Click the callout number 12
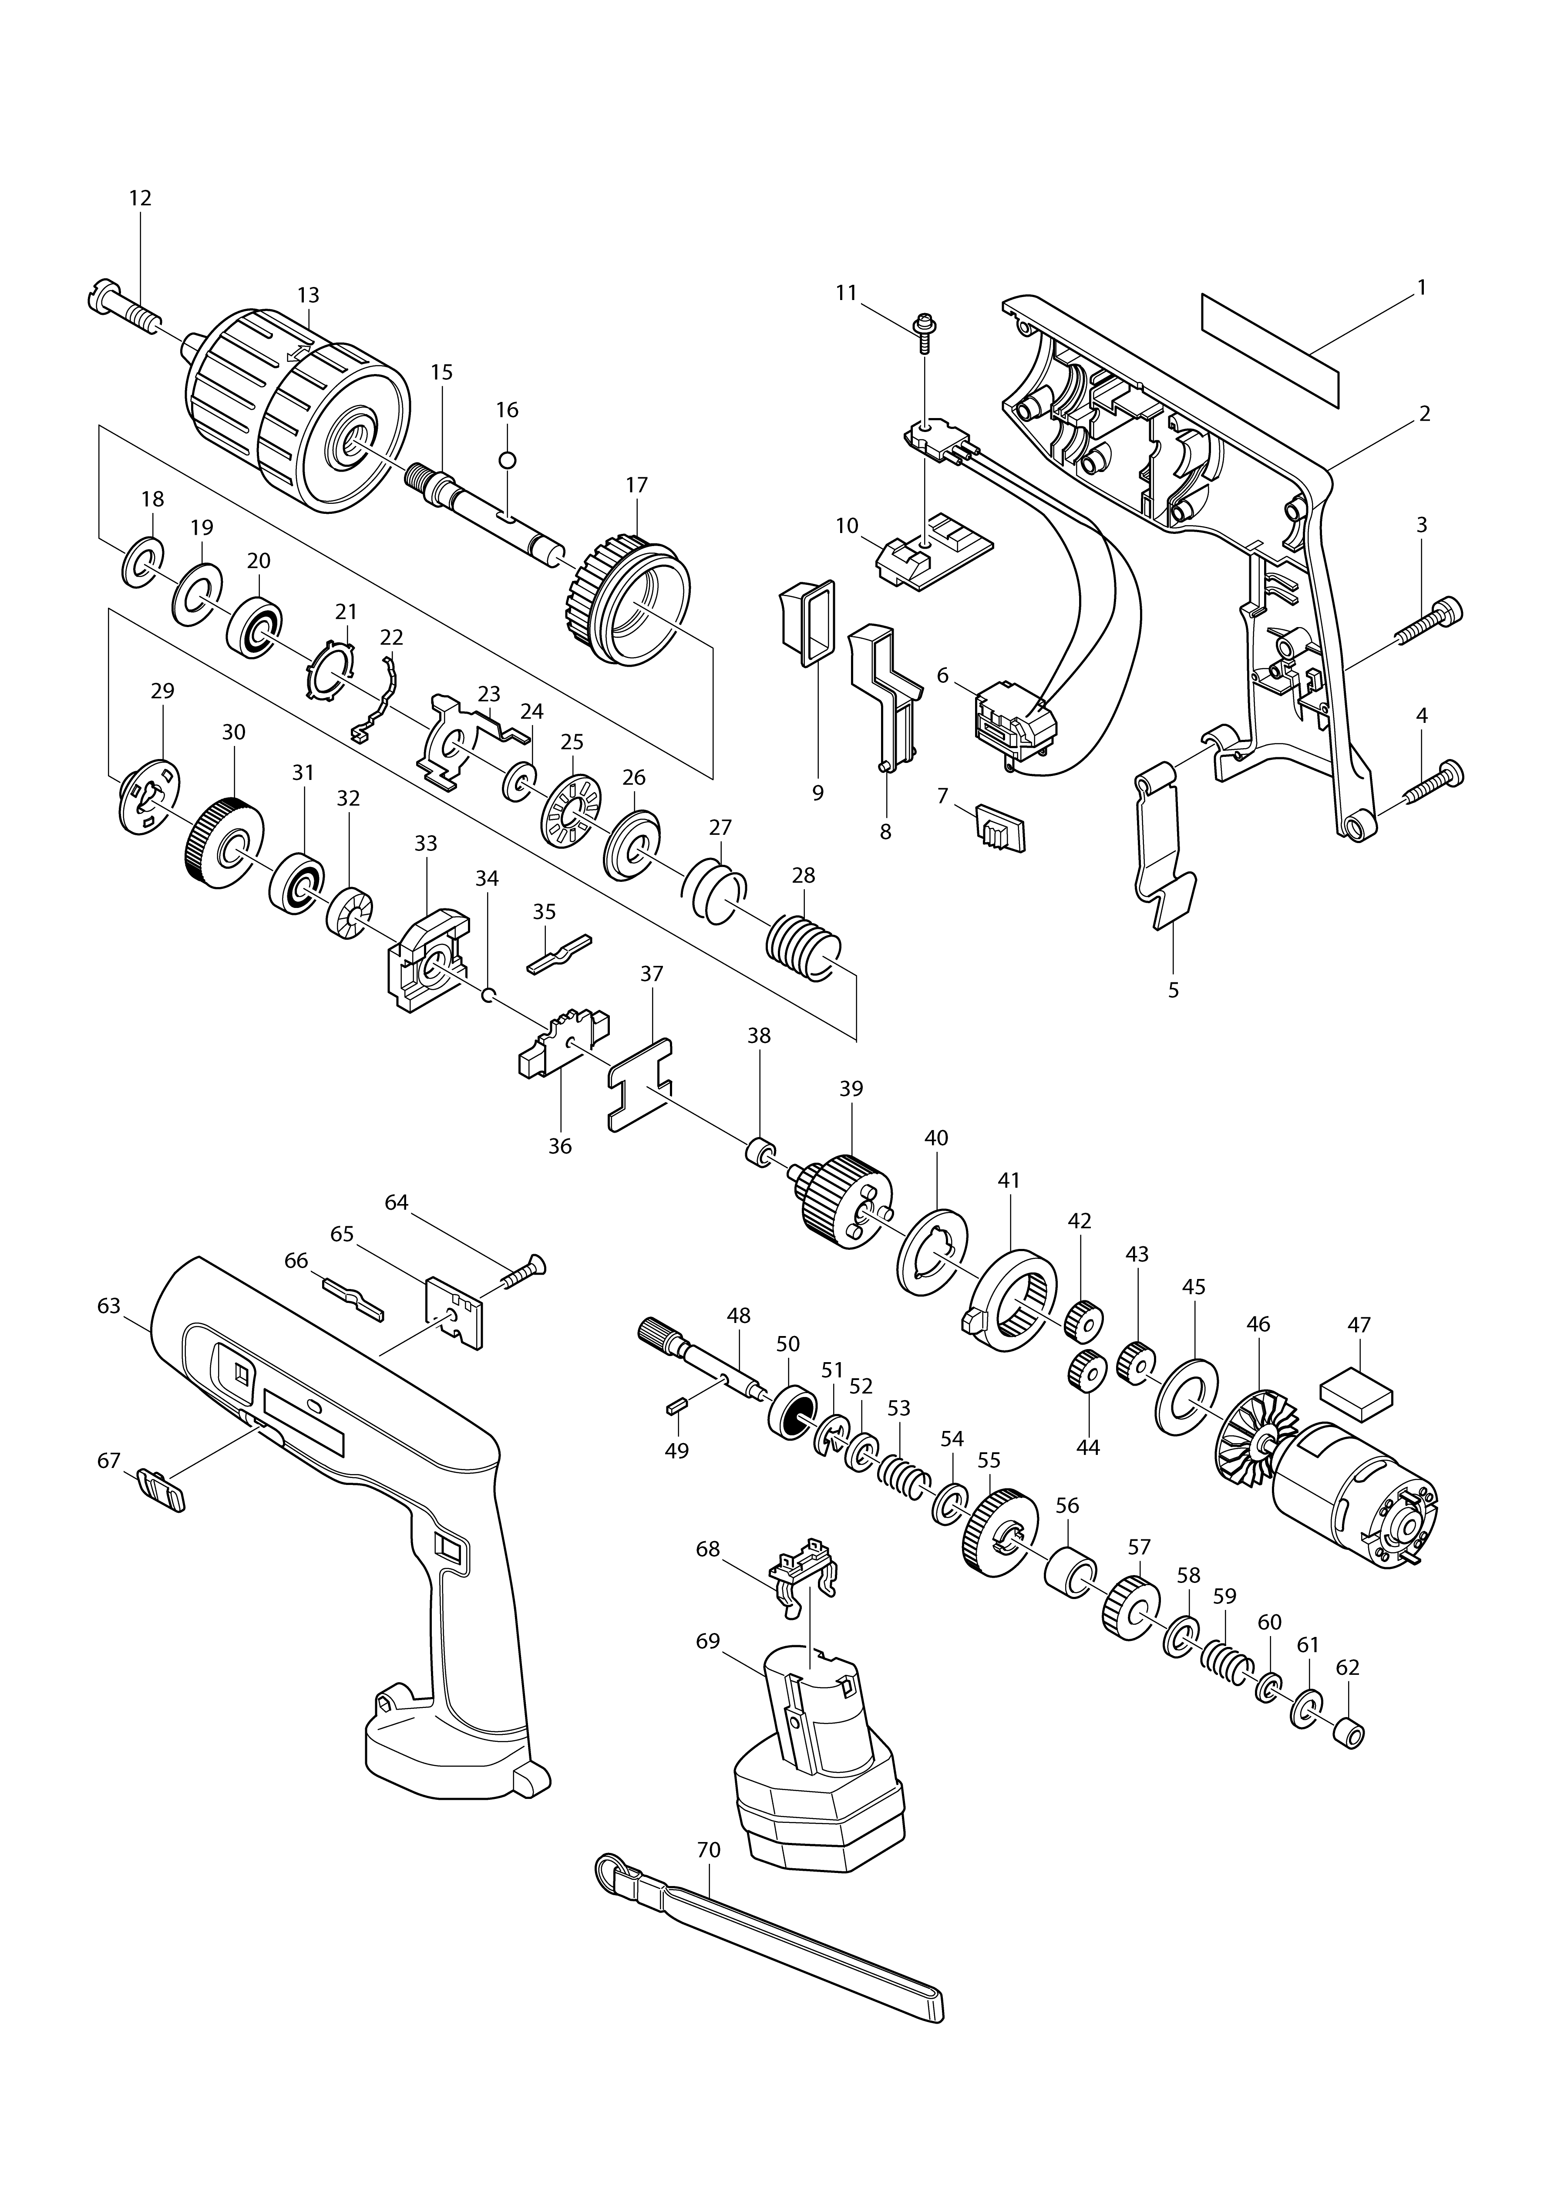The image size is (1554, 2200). [x=140, y=198]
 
